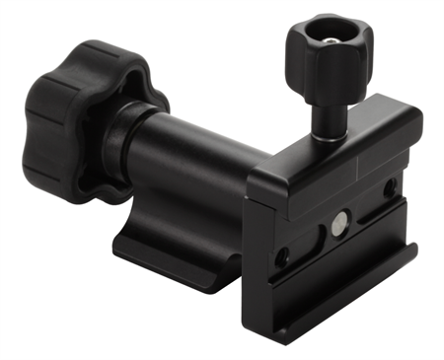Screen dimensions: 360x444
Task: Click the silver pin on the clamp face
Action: coord(339,223)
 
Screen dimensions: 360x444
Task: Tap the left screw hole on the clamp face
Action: coord(282,255)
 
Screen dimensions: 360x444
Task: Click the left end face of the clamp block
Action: coord(259,247)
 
